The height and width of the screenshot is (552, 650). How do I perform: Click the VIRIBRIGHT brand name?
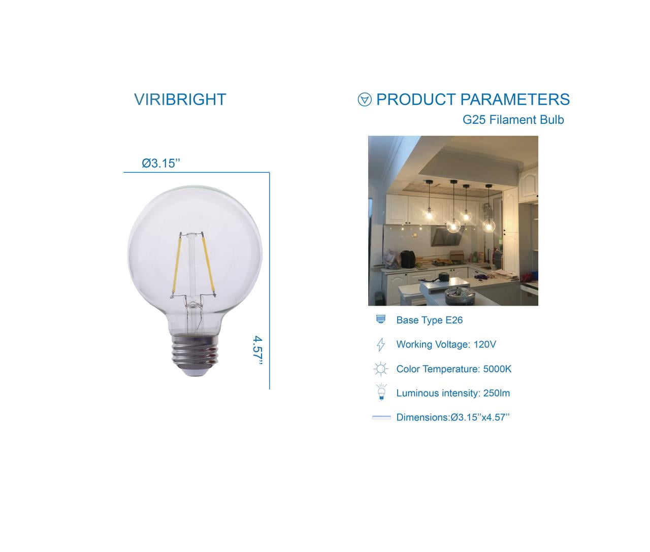180,100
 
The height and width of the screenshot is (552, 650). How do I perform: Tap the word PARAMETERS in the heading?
515,100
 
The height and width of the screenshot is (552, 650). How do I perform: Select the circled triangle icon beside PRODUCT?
365,100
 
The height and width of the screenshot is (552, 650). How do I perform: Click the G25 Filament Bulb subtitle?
513,120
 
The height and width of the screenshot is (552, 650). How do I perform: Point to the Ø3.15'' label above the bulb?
161,163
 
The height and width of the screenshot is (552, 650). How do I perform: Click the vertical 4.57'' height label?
258,350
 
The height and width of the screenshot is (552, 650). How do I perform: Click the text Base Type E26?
429,320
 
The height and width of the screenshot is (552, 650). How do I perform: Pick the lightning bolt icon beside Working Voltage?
381,344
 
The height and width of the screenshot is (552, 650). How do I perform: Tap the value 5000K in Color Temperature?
497,369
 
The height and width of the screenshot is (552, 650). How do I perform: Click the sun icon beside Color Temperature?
381,369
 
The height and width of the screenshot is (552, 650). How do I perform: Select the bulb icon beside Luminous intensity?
381,392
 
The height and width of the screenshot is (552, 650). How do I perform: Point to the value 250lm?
496,393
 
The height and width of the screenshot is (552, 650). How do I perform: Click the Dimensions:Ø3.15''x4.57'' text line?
452,417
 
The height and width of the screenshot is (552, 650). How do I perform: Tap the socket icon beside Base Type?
381,319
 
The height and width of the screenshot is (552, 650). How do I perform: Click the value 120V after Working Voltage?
484,344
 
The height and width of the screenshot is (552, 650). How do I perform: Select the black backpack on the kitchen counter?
408,259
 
